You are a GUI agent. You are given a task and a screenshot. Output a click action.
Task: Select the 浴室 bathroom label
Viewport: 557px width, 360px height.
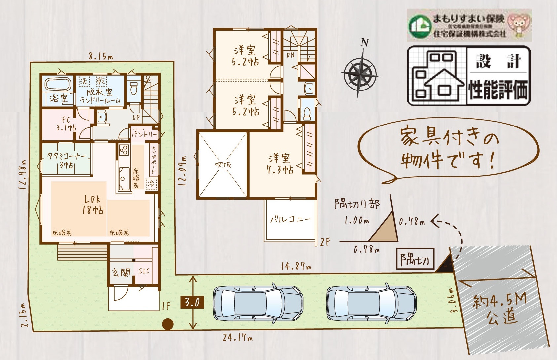58,98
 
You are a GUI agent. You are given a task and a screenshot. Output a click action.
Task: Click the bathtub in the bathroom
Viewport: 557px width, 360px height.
58,85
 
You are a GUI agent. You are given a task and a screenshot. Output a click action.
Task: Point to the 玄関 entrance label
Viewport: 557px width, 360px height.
121,272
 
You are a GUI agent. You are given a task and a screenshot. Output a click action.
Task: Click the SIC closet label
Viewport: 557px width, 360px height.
144,271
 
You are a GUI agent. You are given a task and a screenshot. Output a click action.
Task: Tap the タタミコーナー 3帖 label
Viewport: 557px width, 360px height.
66,160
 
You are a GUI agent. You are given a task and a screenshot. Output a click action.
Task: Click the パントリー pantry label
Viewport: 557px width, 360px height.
144,134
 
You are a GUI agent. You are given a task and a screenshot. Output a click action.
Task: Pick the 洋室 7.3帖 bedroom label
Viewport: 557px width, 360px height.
279,163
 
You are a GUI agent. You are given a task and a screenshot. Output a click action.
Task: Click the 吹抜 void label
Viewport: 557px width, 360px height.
223,164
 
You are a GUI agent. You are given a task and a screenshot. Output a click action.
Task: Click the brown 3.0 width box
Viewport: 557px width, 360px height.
192,302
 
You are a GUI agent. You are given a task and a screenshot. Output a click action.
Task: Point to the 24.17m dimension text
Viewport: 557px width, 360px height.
238,338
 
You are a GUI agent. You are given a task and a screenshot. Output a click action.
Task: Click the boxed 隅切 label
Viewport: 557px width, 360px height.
415,260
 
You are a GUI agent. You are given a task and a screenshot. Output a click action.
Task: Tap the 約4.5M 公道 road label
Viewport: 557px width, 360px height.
500,309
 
